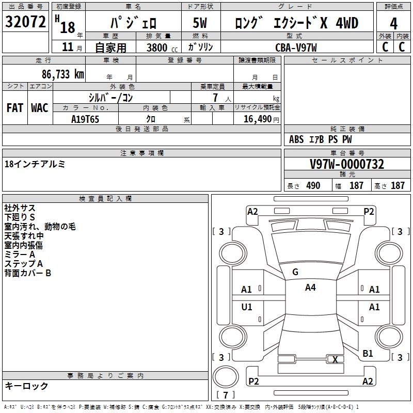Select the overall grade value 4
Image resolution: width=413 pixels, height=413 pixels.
(x=393, y=24)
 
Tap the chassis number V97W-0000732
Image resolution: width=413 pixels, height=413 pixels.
(x=347, y=164)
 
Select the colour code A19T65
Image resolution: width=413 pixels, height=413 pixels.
(x=85, y=119)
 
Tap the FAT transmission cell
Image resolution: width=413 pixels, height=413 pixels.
(x=15, y=107)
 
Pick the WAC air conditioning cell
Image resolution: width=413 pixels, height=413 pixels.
(x=40, y=107)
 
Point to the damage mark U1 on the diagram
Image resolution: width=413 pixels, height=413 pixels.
(x=247, y=307)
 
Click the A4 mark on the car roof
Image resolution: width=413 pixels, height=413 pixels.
(x=310, y=288)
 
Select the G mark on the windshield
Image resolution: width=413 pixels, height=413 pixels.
(x=295, y=272)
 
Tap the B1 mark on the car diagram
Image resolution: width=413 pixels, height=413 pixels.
(x=368, y=354)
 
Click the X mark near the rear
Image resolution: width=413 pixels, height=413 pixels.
(x=336, y=360)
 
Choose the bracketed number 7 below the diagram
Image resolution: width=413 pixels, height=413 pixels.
(x=226, y=395)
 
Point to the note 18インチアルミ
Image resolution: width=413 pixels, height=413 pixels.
(x=35, y=164)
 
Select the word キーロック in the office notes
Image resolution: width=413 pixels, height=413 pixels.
(x=26, y=386)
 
